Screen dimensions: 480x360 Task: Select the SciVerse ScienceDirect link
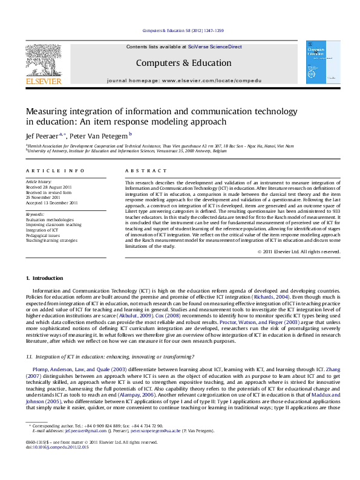coord(215,47)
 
